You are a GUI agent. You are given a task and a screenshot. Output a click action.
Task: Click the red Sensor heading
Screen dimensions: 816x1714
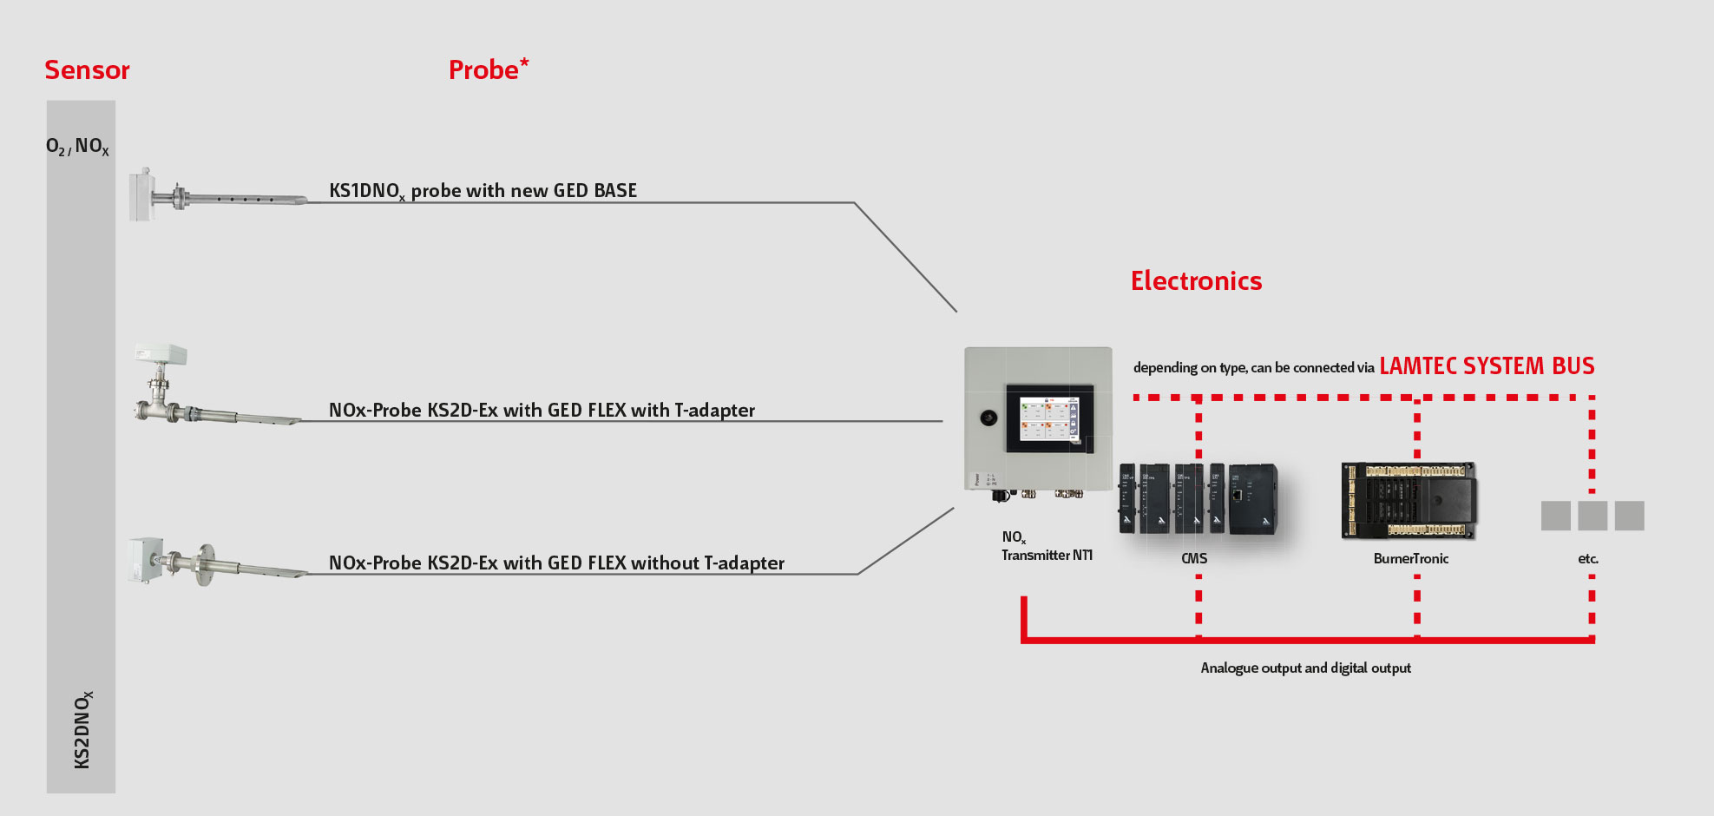pos(87,70)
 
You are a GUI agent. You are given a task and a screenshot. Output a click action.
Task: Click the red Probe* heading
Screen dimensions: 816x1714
pos(488,69)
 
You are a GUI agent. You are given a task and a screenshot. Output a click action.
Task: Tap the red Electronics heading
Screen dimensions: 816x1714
pos(1195,280)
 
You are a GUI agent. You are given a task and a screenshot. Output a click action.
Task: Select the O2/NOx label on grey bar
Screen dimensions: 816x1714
pos(77,147)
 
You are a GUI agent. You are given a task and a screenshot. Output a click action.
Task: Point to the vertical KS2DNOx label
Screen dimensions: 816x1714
pos(82,729)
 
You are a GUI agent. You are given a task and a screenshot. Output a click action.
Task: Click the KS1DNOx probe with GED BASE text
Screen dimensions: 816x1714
pos(483,191)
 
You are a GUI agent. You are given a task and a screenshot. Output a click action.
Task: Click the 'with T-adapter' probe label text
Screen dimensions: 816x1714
pos(542,410)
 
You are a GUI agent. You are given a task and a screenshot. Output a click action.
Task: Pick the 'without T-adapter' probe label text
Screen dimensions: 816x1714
pos(556,563)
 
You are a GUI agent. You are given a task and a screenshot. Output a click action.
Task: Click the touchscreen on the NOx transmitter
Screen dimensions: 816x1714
pos(1047,418)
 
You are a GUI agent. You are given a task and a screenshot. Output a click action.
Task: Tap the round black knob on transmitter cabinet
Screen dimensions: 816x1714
pos(988,418)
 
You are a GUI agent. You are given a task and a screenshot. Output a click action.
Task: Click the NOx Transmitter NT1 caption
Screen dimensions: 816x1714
pos(1046,547)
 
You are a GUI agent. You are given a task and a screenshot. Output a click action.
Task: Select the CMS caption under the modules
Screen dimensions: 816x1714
pos(1194,558)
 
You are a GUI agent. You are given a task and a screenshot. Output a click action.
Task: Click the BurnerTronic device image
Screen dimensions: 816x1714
pos(1409,500)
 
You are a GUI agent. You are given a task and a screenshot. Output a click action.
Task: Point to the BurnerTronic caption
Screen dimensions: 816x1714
pos(1410,558)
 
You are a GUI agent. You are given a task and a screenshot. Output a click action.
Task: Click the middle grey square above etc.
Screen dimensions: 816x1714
pos(1592,516)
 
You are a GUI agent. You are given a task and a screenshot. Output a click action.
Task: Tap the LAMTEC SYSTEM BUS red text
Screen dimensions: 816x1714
pos(1487,366)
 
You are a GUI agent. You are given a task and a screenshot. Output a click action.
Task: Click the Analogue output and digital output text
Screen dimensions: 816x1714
pos(1305,668)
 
